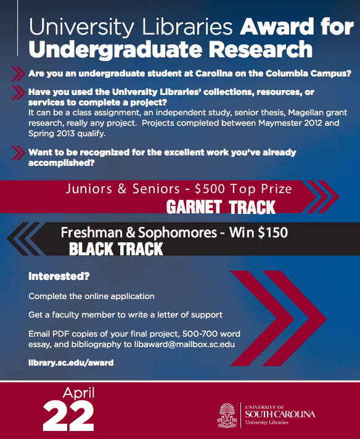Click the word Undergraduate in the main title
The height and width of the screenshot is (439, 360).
[x=115, y=50]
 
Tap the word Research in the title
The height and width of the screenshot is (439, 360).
[x=261, y=49]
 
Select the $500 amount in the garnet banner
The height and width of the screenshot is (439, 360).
[x=210, y=189]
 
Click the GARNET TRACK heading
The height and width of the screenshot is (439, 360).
[x=221, y=207]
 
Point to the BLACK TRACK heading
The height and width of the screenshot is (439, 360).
[x=116, y=249]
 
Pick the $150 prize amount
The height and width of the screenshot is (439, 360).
[x=273, y=232]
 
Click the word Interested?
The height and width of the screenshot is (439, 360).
[x=59, y=276]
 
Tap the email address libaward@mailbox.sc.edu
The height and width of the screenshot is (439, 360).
[x=184, y=344]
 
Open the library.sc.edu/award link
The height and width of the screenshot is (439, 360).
[x=71, y=363]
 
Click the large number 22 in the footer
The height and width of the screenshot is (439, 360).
[x=68, y=416]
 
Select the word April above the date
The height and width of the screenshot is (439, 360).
[x=79, y=393]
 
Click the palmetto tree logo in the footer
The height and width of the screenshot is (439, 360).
[x=227, y=415]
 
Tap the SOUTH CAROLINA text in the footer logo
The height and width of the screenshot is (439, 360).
[x=280, y=414]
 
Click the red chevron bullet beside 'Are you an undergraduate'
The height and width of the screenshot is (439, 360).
[x=18, y=73]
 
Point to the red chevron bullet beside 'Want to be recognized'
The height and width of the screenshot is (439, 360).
[x=18, y=153]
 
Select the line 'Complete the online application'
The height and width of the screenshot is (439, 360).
[x=91, y=296]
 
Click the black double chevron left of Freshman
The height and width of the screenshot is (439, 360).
[x=26, y=239]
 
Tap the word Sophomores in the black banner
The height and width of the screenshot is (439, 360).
[x=178, y=232]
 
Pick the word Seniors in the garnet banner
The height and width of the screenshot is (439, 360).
[x=156, y=189]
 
